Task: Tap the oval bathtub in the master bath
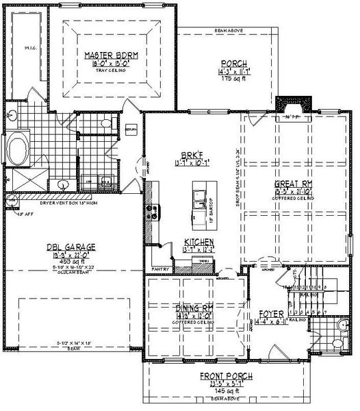18,147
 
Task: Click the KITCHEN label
199,242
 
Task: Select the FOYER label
271,314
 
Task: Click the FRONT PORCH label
226,376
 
